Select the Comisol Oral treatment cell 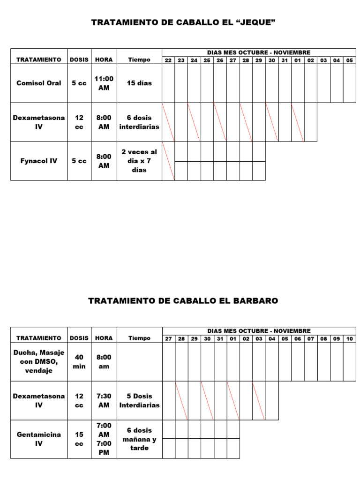tap(39, 83)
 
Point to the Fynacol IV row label tap(39, 161)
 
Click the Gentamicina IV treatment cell tap(39, 439)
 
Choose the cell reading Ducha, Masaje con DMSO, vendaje tap(39, 361)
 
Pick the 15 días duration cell tap(139, 83)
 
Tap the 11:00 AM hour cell tap(104, 83)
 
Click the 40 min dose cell tap(79, 361)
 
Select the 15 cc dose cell tap(79, 439)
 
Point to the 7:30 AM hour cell tap(104, 400)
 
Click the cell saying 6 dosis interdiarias tap(139, 122)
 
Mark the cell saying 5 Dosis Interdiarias tap(139, 400)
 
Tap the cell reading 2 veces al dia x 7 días tap(139, 161)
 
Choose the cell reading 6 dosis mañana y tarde tap(139, 439)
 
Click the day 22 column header tap(168, 60)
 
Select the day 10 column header tap(349, 338)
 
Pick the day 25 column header tap(207, 60)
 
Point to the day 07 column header tap(310, 338)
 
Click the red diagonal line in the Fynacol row tap(168, 161)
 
